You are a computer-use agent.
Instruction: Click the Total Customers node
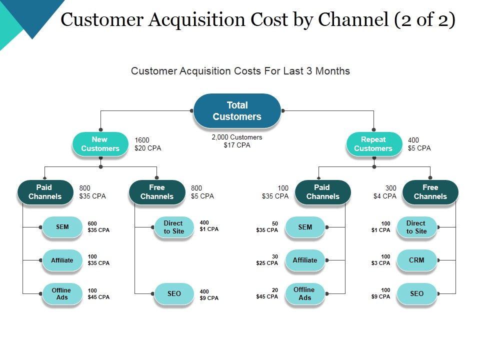tap(237, 111)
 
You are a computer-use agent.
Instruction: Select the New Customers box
tap(100, 144)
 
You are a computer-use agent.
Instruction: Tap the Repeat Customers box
tap(373, 144)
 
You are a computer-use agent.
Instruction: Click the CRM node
tap(416, 260)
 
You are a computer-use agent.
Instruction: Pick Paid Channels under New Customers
tap(44, 192)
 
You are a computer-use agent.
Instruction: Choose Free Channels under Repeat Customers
tap(430, 192)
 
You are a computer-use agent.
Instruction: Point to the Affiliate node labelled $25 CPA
tap(305, 260)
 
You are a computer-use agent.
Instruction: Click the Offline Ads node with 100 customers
tap(61, 293)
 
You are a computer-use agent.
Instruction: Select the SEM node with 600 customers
tap(62, 227)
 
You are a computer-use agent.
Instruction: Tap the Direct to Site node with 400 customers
tap(173, 227)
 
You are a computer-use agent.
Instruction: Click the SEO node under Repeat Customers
tap(416, 293)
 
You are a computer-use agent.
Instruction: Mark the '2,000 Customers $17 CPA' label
tap(237, 141)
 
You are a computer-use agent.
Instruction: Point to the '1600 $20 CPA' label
tap(148, 144)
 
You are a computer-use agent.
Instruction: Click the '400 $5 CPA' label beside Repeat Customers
tap(419, 144)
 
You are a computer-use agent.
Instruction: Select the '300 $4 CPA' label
tap(385, 192)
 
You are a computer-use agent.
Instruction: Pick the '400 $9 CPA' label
tap(209, 295)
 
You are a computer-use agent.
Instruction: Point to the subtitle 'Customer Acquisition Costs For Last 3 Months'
tap(240, 71)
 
